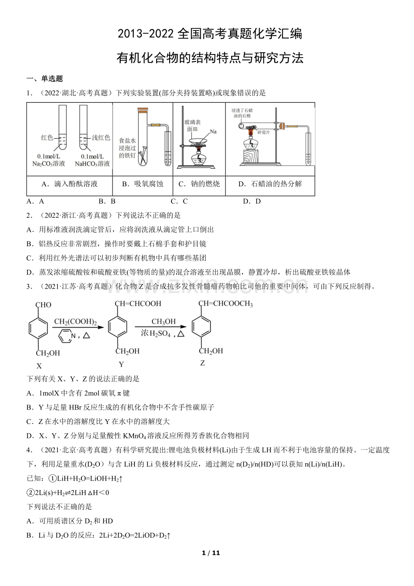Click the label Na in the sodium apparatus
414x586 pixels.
[x=213, y=131]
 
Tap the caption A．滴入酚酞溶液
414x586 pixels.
[x=69, y=184]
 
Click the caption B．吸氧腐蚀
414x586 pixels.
[x=142, y=184]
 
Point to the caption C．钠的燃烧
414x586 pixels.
[x=199, y=184]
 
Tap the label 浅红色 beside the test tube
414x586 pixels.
[x=101, y=137]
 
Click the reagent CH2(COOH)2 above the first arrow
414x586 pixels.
[x=76, y=322]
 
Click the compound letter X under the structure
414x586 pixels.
[x=39, y=366]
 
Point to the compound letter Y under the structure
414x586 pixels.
[x=121, y=364]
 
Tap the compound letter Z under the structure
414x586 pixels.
[x=202, y=363]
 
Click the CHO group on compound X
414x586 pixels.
[x=43, y=305]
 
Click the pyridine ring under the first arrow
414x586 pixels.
[x=67, y=336]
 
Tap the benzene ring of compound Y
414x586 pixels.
[x=118, y=327]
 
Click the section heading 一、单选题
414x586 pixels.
[x=45, y=79]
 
